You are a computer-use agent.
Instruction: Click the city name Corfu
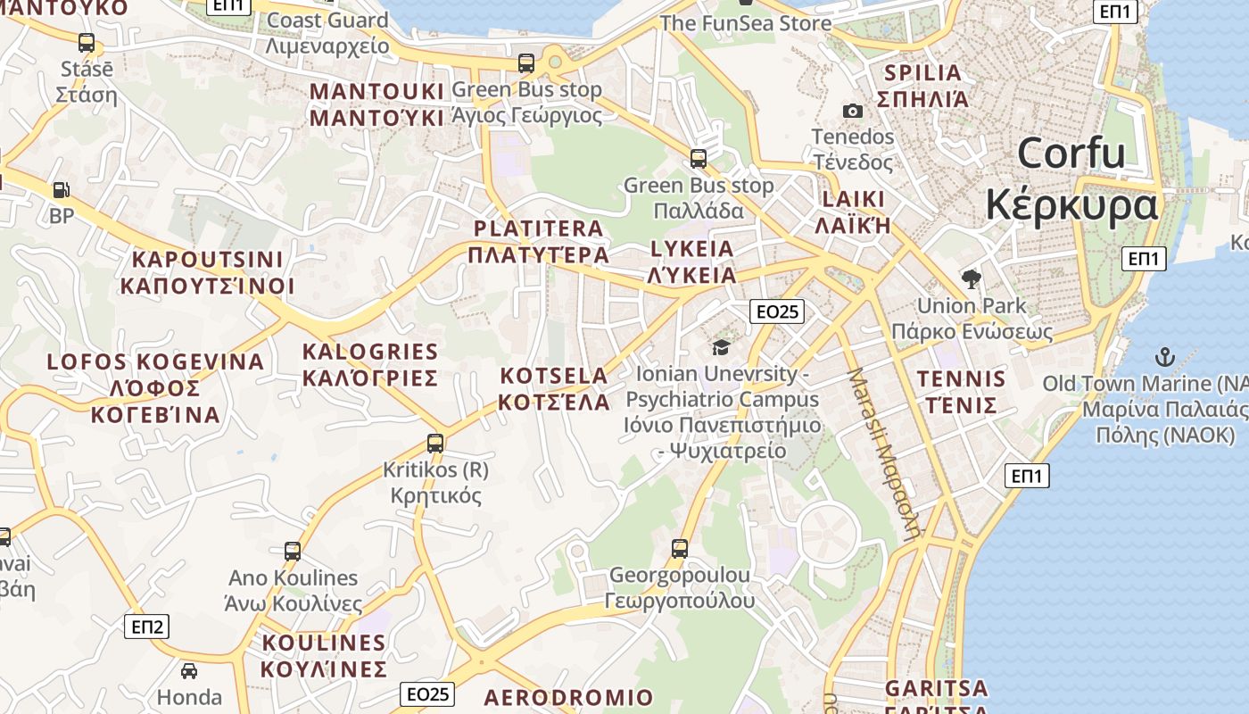pyautogui.click(x=1071, y=154)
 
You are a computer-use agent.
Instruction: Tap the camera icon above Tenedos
pyautogui.click(x=853, y=111)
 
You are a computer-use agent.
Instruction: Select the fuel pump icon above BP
pyautogui.click(x=61, y=189)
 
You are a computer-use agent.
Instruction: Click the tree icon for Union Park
pyautogui.click(x=971, y=279)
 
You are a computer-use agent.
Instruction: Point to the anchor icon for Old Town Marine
pyautogui.click(x=1164, y=358)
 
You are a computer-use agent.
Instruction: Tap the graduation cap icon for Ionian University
pyautogui.click(x=721, y=347)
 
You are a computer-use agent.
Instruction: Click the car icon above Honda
pyautogui.click(x=189, y=670)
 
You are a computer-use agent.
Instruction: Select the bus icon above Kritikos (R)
pyautogui.click(x=435, y=443)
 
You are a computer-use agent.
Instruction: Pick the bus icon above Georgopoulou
pyautogui.click(x=680, y=548)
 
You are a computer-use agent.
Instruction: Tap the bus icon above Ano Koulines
pyautogui.click(x=293, y=551)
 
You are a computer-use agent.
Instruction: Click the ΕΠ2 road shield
pyautogui.click(x=146, y=627)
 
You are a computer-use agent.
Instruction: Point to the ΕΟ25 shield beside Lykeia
pyautogui.click(x=776, y=311)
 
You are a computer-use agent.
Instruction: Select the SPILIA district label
pyautogui.click(x=922, y=73)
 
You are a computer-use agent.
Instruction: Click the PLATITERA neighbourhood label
pyautogui.click(x=539, y=228)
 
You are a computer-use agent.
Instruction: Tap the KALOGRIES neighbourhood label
pyautogui.click(x=370, y=352)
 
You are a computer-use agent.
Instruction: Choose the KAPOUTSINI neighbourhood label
pyautogui.click(x=207, y=260)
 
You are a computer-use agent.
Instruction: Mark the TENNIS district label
pyautogui.click(x=961, y=379)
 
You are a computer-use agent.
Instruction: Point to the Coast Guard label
pyautogui.click(x=327, y=21)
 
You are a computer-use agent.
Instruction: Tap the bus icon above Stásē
pyautogui.click(x=87, y=42)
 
